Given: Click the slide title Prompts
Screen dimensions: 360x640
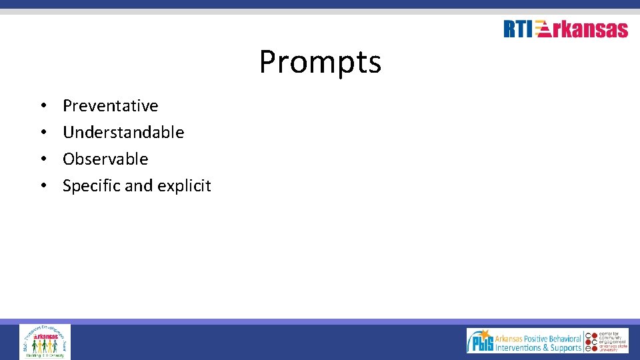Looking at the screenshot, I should [320, 62].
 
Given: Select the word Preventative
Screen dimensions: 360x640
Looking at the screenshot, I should [110, 106].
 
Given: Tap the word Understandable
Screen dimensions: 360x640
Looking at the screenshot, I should [123, 133].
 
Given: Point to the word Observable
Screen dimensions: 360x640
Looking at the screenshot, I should [105, 159].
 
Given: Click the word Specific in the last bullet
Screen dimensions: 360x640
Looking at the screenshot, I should [91, 186].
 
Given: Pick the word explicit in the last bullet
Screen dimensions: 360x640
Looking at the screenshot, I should [184, 186].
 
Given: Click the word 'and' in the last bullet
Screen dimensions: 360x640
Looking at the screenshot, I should [139, 186].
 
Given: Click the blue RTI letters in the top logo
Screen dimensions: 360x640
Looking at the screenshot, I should [518, 29].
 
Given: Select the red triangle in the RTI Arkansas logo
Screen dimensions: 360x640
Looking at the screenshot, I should [543, 29].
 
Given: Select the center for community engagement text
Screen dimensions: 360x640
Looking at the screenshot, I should [613, 340].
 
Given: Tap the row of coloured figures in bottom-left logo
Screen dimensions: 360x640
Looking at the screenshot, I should [45, 346].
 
